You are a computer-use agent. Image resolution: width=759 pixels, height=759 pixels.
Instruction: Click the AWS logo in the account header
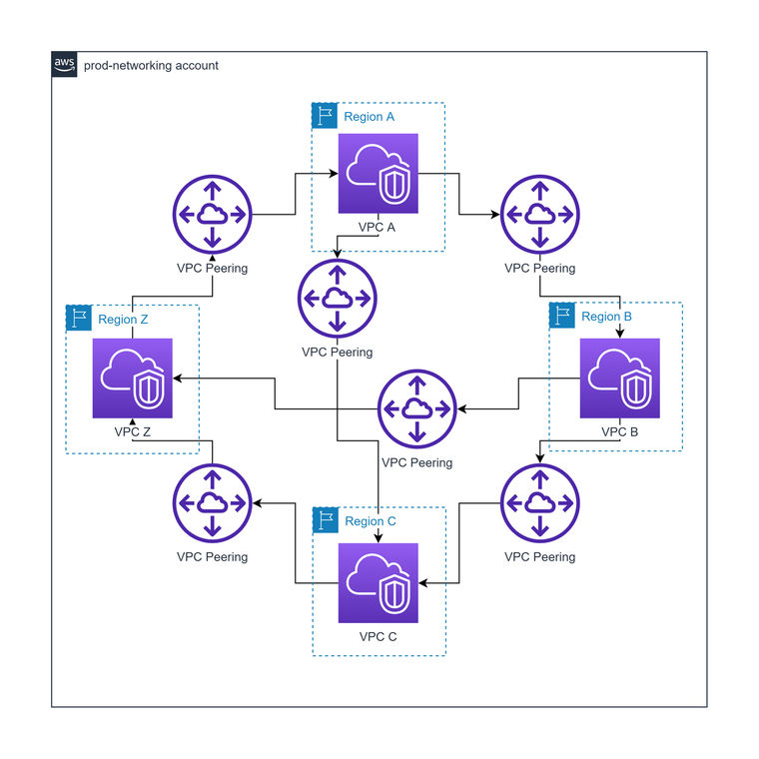(x=64, y=64)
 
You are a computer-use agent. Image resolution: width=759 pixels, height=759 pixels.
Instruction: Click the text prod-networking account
(x=151, y=66)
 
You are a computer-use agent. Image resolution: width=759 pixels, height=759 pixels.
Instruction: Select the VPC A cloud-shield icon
(x=378, y=174)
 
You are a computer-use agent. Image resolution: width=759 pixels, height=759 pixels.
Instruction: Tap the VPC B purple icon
(x=620, y=379)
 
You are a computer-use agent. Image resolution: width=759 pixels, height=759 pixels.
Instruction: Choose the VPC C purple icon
(x=378, y=583)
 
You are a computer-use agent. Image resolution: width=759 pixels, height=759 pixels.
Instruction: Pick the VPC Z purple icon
(x=132, y=379)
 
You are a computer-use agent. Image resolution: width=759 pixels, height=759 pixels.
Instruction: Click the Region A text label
(x=369, y=117)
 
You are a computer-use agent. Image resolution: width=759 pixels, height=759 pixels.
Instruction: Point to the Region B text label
(x=606, y=317)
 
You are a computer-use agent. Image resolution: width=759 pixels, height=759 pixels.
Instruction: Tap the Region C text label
(x=371, y=521)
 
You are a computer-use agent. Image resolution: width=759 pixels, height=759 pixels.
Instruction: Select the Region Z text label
(x=123, y=320)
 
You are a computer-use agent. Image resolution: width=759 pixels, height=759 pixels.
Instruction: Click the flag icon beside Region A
(x=325, y=116)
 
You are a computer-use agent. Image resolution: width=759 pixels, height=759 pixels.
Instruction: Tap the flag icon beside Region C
(x=325, y=520)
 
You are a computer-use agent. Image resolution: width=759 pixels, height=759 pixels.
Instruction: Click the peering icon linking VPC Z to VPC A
(x=212, y=215)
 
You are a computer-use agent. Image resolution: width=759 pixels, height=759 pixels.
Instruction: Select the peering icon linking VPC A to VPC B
(x=539, y=215)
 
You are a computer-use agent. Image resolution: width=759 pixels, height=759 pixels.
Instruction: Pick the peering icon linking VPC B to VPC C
(x=539, y=502)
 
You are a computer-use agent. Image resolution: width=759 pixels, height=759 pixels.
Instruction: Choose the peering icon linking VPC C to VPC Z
(x=212, y=502)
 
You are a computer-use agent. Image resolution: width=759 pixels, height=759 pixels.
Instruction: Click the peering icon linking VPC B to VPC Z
(x=416, y=408)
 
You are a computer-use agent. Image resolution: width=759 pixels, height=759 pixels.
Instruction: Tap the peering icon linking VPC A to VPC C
(x=337, y=298)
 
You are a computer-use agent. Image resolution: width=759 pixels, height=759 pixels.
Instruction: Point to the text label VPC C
(x=378, y=636)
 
